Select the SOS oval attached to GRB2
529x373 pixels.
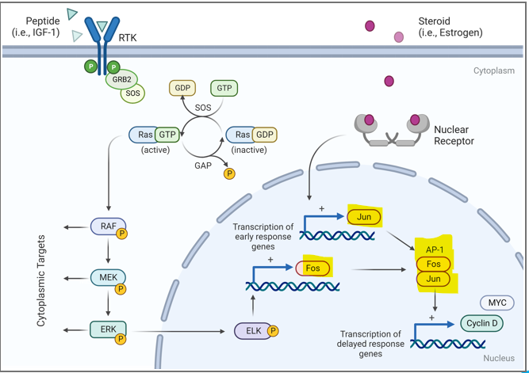[132, 93]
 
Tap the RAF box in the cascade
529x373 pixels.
[107, 227]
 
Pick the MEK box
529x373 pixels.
[107, 278]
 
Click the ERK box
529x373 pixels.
[107, 328]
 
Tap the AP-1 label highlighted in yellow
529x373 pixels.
[433, 248]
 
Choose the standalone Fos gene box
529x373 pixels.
[312, 268]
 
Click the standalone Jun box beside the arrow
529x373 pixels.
[363, 215]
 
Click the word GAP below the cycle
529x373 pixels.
[203, 168]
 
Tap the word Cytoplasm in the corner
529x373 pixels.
[493, 70]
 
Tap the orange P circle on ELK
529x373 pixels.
[272, 329]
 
